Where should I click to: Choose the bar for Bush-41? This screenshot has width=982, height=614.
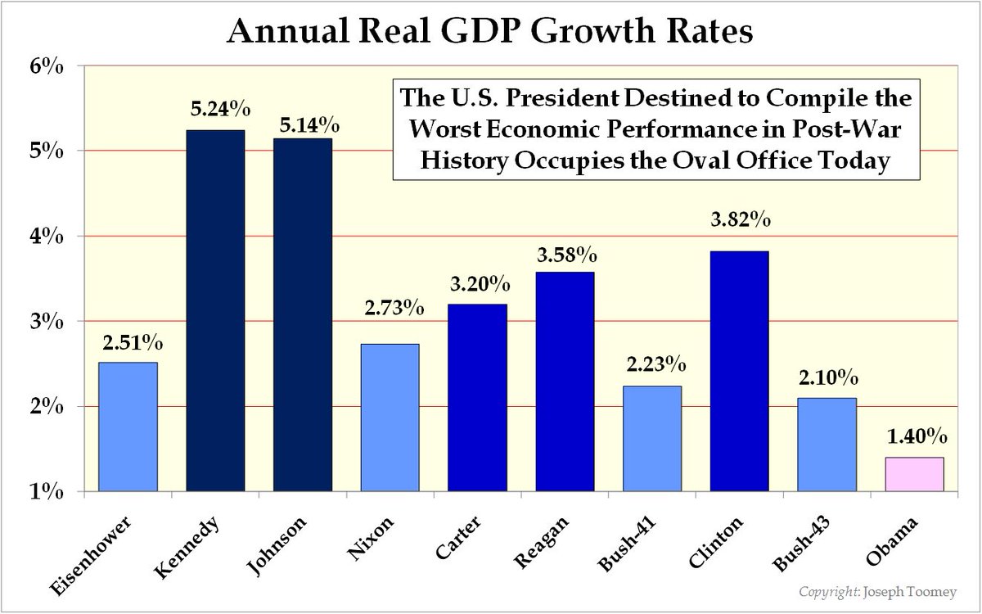click(652, 439)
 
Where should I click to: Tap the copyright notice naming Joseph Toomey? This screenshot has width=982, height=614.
click(888, 592)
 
